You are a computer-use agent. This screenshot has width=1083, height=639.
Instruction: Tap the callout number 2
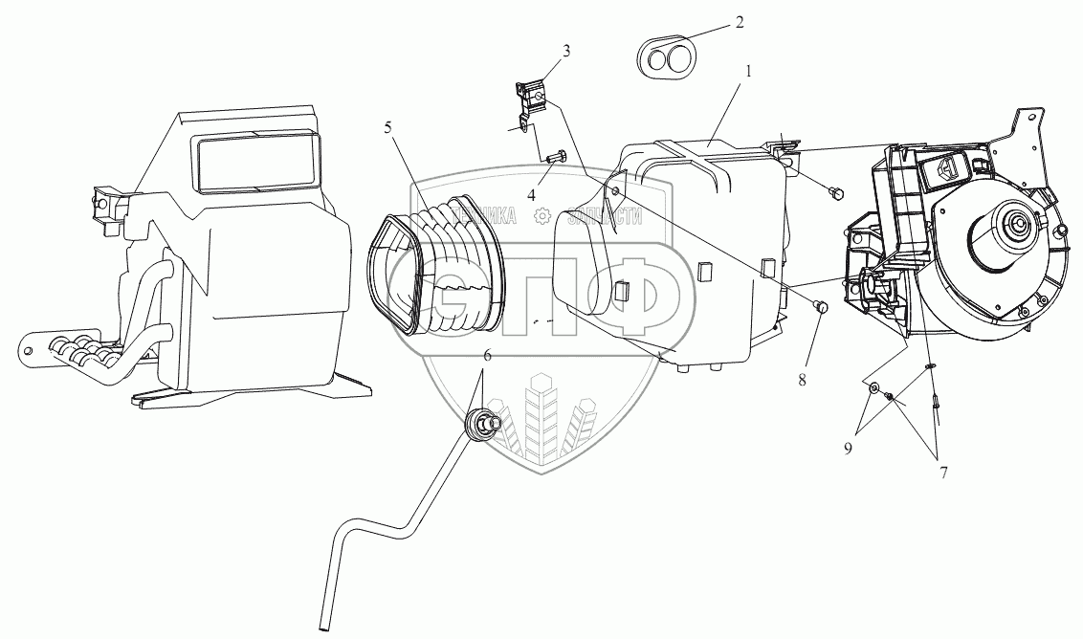coord(740,22)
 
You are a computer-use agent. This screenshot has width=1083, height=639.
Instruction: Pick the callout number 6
coord(487,356)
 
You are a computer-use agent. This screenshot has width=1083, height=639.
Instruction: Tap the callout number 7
coord(943,472)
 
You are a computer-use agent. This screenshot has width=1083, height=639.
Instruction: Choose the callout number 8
coord(802,380)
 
